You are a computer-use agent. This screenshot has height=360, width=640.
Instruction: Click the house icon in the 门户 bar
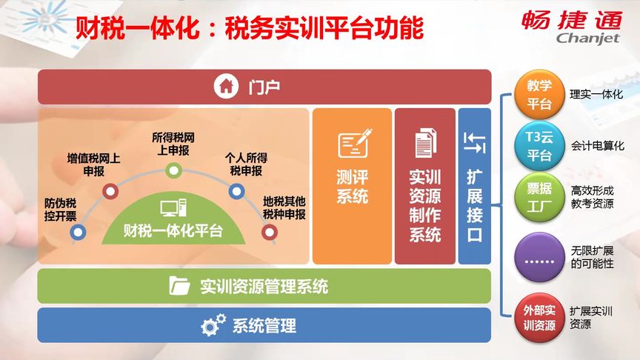[226, 87]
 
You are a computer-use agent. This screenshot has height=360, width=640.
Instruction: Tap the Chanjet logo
[580, 27]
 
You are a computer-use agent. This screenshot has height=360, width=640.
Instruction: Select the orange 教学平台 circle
[539, 94]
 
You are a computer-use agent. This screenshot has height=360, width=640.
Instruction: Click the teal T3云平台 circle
[539, 146]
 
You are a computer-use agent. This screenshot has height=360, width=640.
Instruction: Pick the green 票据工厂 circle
[539, 198]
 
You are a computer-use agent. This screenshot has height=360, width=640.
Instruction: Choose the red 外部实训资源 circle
[539, 317]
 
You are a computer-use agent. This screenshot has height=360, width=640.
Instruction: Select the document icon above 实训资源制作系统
[425, 143]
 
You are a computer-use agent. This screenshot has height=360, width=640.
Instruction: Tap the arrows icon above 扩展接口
[474, 142]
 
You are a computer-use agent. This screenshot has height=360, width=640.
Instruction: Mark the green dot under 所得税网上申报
[173, 170]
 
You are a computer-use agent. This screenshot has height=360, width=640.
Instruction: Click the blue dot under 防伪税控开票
[78, 233]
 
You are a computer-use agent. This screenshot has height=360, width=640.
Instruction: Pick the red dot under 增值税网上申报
[110, 192]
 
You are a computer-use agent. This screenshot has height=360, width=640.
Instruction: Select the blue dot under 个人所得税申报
[236, 192]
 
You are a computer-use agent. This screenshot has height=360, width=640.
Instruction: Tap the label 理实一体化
[596, 95]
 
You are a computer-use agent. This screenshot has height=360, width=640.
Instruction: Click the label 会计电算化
[597, 146]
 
